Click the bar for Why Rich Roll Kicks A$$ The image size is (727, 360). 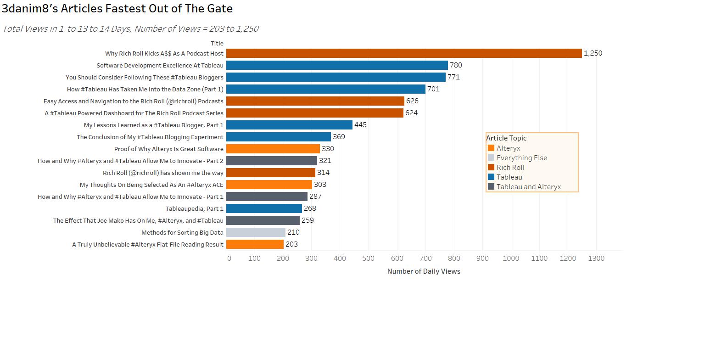click(x=404, y=53)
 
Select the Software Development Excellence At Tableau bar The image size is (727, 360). click(x=337, y=65)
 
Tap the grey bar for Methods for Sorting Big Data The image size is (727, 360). click(x=256, y=232)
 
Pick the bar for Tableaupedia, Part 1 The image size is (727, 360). click(x=264, y=208)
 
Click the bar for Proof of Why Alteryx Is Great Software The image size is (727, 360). click(x=273, y=149)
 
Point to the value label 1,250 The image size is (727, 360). click(x=593, y=53)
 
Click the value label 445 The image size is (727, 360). click(x=360, y=125)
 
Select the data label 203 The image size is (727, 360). click(x=291, y=244)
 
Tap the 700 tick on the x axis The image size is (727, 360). click(x=425, y=259)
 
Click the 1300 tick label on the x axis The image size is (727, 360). click(x=596, y=259)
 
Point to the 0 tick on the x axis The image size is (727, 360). click(x=229, y=259)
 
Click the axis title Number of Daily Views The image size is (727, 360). click(x=424, y=271)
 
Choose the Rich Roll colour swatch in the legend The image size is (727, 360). click(x=491, y=168)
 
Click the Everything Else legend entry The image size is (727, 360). click(x=521, y=158)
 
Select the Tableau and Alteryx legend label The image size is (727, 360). click(x=528, y=187)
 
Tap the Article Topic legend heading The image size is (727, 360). click(x=506, y=138)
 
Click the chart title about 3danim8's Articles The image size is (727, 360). click(x=117, y=9)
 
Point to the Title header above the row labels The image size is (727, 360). click(x=217, y=44)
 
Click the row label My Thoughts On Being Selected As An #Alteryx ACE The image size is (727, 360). click(x=151, y=185)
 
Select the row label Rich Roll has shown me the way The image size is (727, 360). click(x=163, y=173)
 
